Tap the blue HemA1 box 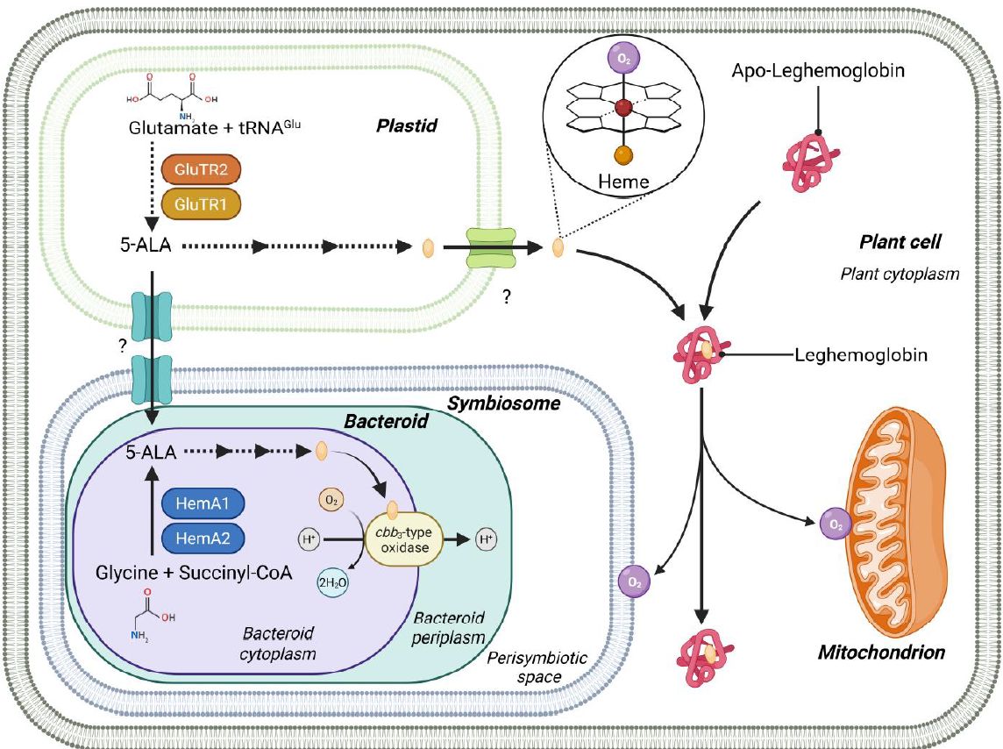[x=203, y=503]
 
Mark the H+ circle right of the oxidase [x=485, y=539]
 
